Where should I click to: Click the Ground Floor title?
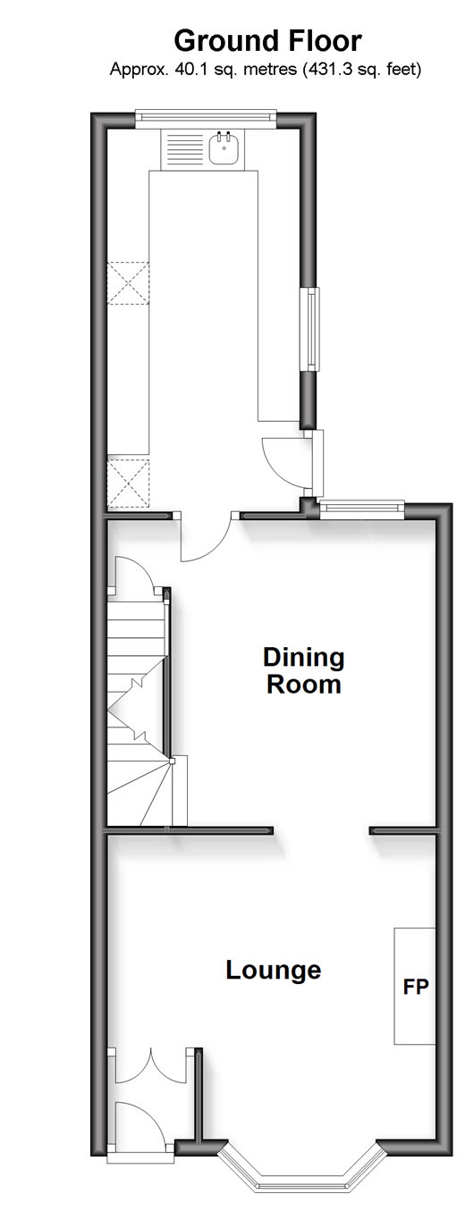[267, 42]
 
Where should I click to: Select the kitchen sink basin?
[224, 148]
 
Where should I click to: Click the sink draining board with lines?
[183, 148]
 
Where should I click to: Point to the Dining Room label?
[304, 670]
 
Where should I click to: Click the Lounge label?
[273, 970]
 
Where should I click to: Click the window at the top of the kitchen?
[207, 117]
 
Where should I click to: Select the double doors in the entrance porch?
[151, 1064]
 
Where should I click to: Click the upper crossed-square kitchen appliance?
[128, 282]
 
